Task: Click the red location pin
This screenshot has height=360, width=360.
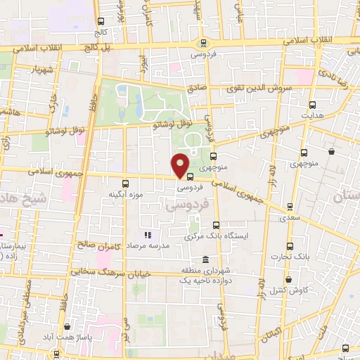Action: point(180,165)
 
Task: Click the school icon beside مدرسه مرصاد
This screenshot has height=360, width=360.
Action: point(148,235)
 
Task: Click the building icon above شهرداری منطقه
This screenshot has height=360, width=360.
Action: point(205,259)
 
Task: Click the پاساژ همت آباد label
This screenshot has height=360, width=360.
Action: point(67,337)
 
